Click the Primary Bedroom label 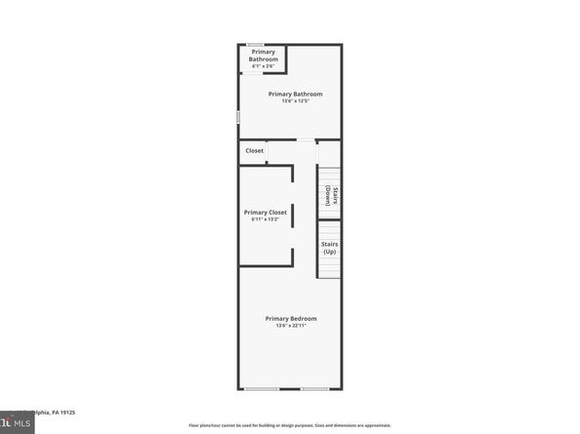(x=291, y=318)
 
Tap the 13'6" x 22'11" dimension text (x=291, y=326)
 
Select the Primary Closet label (x=266, y=212)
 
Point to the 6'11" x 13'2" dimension (x=266, y=219)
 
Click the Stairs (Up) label (x=329, y=248)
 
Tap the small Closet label (x=254, y=151)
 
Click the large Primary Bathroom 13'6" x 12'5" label (x=295, y=94)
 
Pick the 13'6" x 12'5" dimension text (x=295, y=101)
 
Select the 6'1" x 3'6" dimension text (x=263, y=66)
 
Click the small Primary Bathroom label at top (x=263, y=56)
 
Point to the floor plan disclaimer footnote (x=290, y=425)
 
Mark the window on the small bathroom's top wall (x=254, y=44)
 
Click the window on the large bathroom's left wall (x=239, y=116)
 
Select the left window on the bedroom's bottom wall (x=261, y=389)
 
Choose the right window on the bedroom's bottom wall (x=314, y=389)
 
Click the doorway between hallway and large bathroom (x=306, y=140)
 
